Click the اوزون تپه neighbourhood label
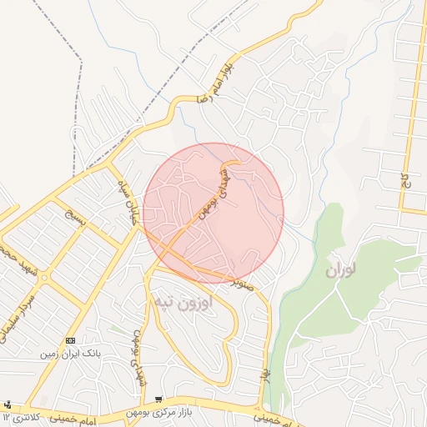click(184, 303)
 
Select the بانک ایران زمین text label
click(71, 354)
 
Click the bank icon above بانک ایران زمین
click(70, 340)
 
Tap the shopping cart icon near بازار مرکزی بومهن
click(159, 400)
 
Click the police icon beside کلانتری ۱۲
click(8, 404)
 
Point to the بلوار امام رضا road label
click(214, 82)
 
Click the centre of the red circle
click(213, 213)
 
